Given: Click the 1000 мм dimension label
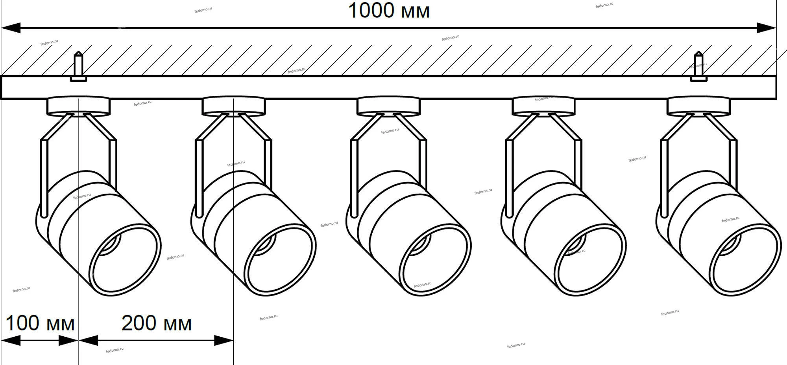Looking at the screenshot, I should [x=389, y=11].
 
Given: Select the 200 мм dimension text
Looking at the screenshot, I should [x=157, y=324].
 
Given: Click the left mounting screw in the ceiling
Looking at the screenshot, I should [x=79, y=67].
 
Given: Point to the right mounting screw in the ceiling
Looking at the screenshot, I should [x=698, y=67].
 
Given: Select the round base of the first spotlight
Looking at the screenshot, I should [x=79, y=106].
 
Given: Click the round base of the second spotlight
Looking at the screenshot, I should [x=234, y=106].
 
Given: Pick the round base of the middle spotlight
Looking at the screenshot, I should [x=389, y=106].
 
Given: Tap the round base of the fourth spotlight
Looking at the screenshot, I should [x=543, y=106].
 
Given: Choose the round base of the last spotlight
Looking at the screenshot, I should [x=698, y=106].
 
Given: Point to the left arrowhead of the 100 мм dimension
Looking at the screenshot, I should [x=10, y=340].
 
